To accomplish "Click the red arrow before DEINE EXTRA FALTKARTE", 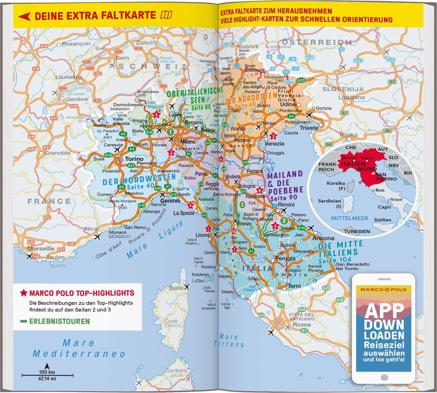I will coord(24,16).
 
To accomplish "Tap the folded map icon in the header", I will coord(166,15).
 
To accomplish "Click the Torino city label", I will coord(134,159).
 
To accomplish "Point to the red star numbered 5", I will coord(156,115).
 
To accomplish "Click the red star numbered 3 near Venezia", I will coord(273,136).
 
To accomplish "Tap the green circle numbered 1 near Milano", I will coord(170,132).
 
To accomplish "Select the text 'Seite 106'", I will coord(335,259).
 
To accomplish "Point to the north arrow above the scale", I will coord(47,365).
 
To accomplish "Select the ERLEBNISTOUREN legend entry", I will coord(59,321).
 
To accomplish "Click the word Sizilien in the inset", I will coord(383,220).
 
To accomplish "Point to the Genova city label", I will coord(170,201).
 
